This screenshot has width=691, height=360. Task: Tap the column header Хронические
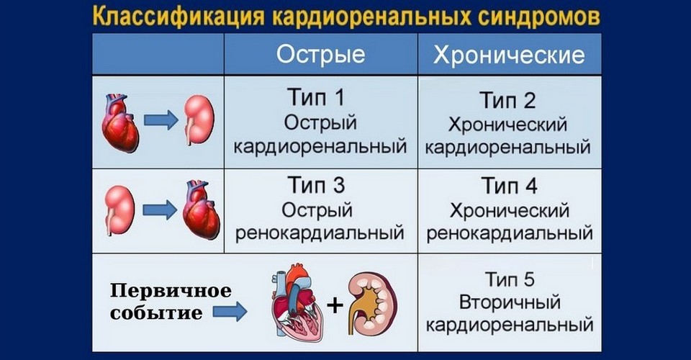510,55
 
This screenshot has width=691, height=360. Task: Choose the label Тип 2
510,100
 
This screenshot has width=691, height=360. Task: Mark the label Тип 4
510,187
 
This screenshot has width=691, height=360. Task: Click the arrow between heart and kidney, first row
160,120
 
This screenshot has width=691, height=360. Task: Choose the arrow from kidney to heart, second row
159,209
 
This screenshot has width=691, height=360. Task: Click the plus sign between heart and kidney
335,305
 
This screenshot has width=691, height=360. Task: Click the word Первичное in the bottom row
170,292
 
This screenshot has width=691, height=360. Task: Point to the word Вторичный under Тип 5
510,301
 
